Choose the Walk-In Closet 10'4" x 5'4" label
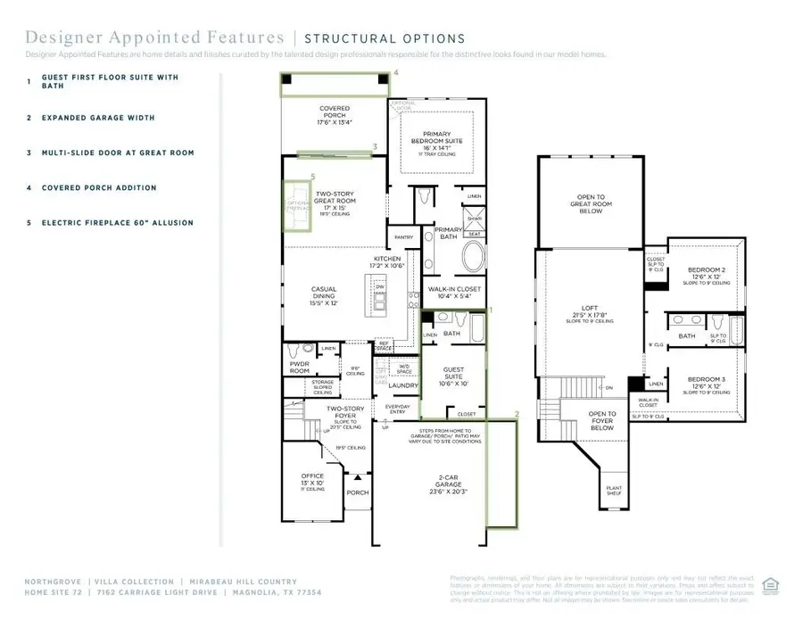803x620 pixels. [455, 290]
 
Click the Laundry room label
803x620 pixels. [403, 385]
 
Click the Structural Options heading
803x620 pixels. [385, 38]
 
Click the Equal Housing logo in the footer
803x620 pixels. [773, 584]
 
